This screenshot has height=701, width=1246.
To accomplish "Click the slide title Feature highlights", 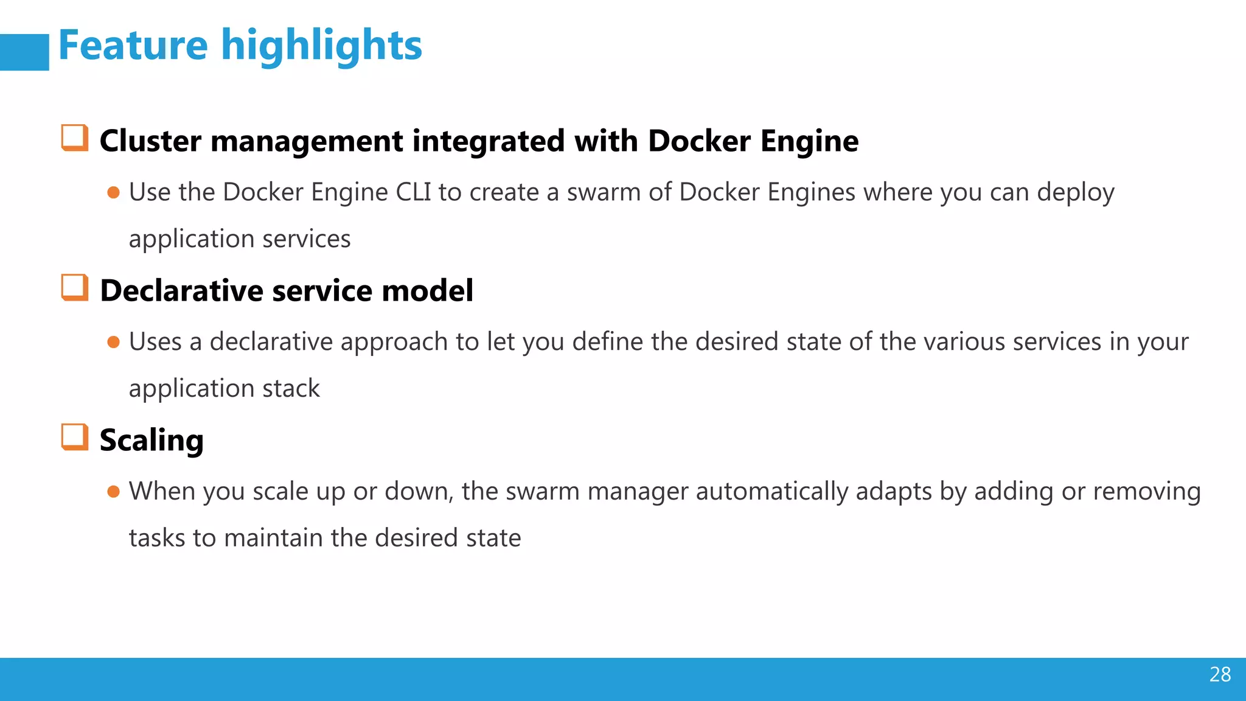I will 240,46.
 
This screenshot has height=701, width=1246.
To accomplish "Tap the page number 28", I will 1220,674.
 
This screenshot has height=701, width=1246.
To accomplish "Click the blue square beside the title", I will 24,52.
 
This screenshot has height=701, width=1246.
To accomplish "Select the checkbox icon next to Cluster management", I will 75,138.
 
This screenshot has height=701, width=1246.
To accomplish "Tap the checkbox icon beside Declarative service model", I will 75,287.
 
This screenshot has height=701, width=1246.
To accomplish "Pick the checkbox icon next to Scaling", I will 75,437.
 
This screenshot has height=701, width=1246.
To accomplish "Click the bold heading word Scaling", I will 151,441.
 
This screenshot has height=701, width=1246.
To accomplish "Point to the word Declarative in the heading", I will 181,290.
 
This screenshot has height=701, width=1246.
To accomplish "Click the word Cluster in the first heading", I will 150,141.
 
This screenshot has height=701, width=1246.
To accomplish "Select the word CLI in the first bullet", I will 413,192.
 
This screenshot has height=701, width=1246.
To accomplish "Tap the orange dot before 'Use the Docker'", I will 113,193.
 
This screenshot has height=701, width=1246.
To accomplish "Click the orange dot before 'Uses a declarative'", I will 113,343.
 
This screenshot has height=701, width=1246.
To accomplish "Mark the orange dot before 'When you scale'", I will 113,492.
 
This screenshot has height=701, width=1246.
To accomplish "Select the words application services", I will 240,239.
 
